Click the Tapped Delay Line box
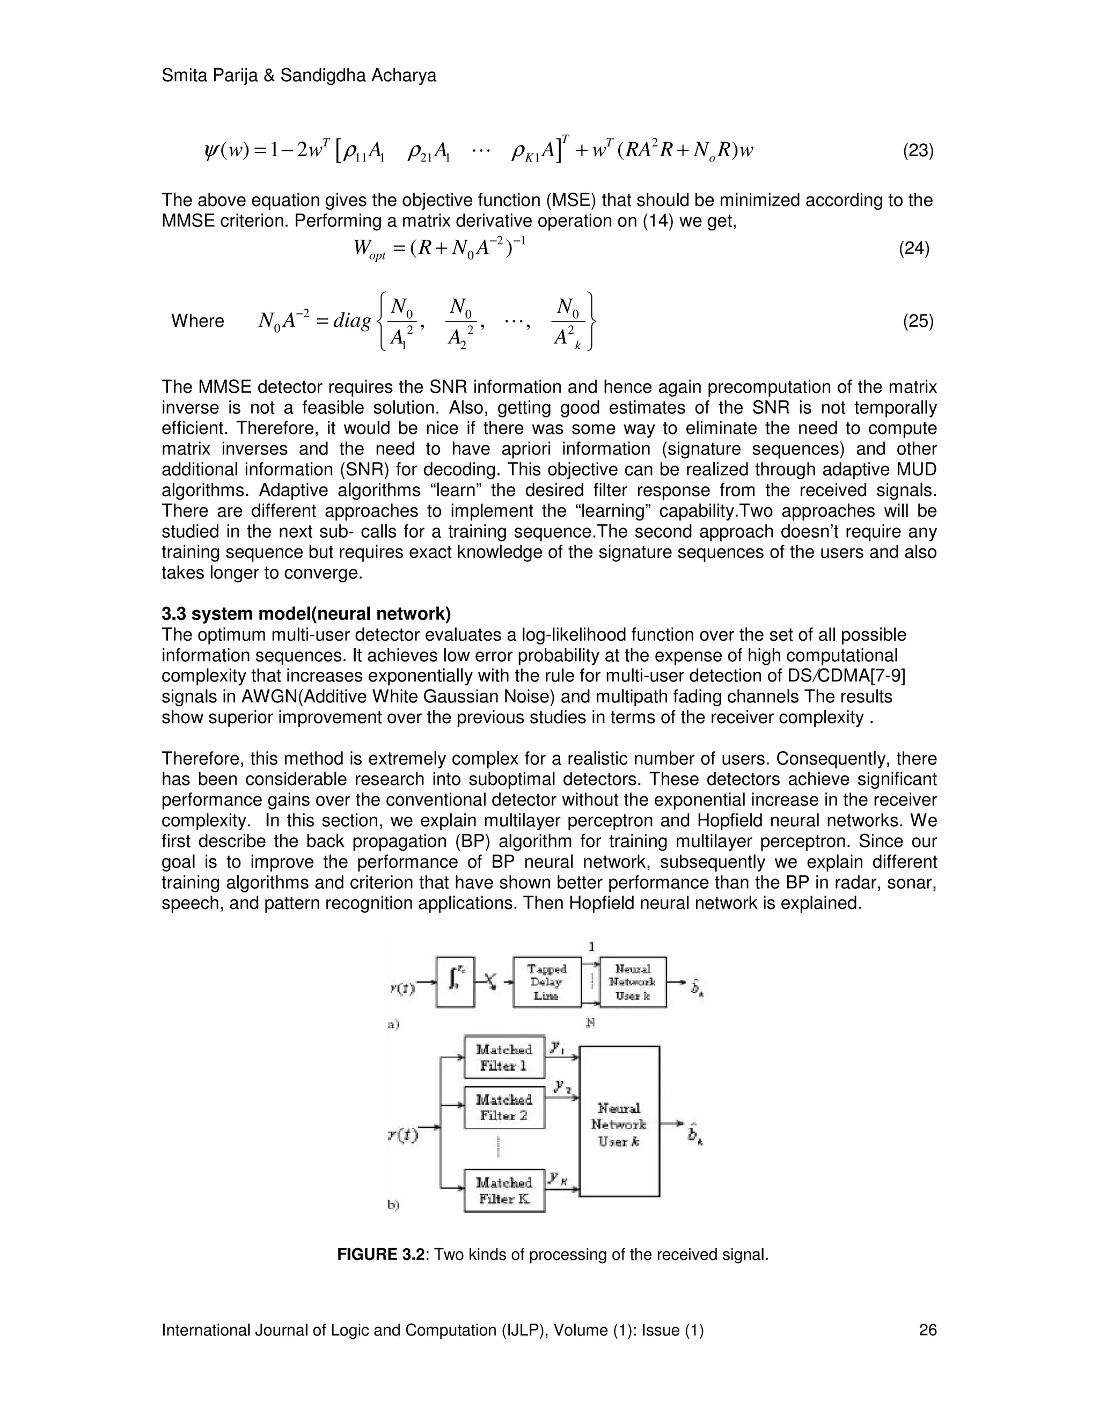point(546,982)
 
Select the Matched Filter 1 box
point(504,1057)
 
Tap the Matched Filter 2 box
point(504,1107)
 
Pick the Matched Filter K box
point(504,1190)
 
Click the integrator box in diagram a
point(455,982)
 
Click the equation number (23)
point(918,151)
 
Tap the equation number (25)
point(918,321)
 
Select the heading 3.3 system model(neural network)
point(306,613)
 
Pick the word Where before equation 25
point(197,321)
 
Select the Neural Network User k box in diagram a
point(633,982)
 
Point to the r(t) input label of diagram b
point(403,1135)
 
